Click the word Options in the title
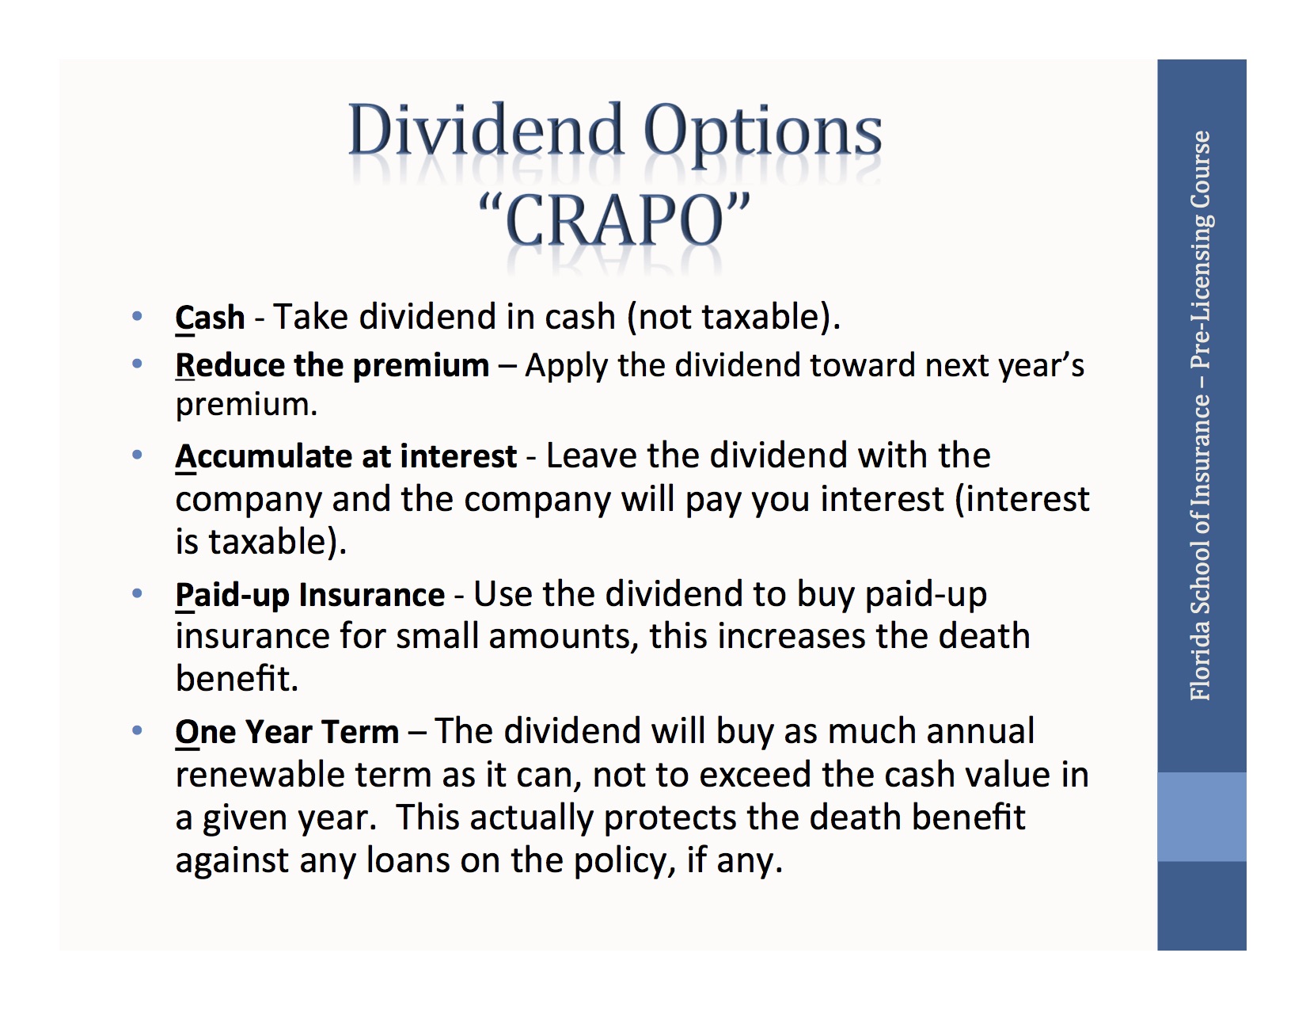[762, 131]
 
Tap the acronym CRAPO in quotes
[614, 221]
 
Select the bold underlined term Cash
[210, 318]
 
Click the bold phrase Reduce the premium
[332, 365]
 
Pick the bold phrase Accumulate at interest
[346, 456]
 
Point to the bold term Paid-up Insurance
[309, 595]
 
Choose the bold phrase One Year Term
[287, 732]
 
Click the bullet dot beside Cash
[137, 317]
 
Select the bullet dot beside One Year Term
[137, 730]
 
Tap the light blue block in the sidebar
[1202, 817]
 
